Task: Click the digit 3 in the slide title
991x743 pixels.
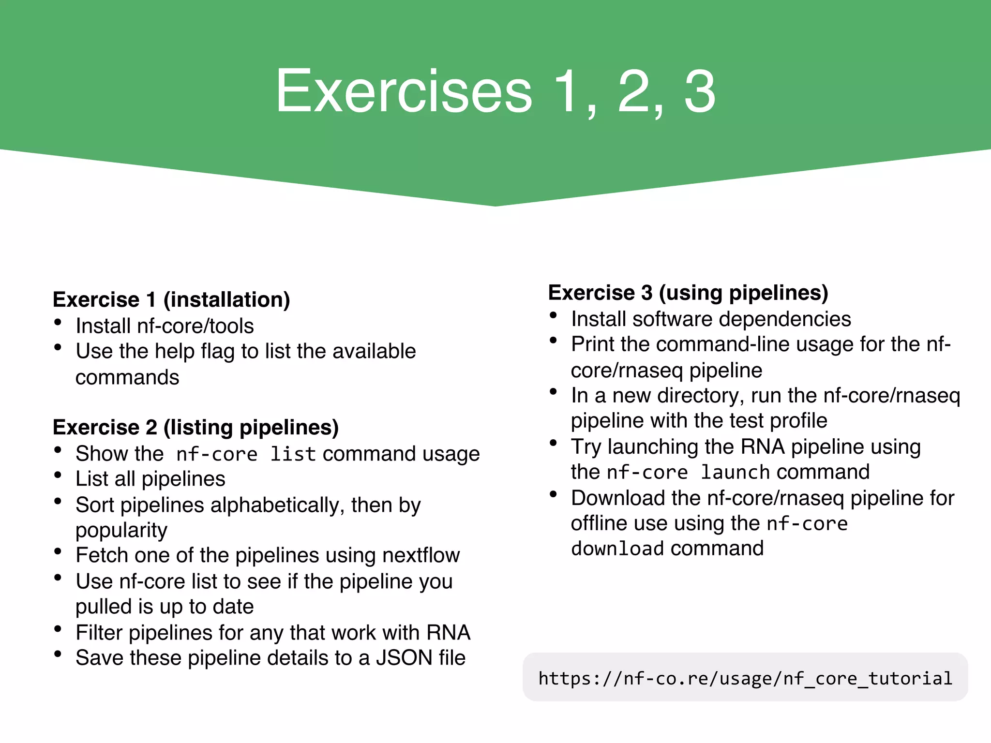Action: pyautogui.click(x=699, y=92)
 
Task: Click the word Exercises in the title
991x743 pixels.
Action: pyautogui.click(x=404, y=92)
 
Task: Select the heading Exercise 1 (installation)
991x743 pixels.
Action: pyautogui.click(x=171, y=299)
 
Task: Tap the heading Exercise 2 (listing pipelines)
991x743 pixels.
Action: pyautogui.click(x=195, y=427)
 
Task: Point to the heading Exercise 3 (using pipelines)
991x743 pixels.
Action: pyautogui.click(x=688, y=293)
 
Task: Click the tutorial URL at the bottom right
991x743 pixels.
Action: pyautogui.click(x=745, y=678)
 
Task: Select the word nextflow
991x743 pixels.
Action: pyautogui.click(x=420, y=555)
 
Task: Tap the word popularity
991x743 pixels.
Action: pyautogui.click(x=121, y=530)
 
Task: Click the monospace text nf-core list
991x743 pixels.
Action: pyautogui.click(x=246, y=454)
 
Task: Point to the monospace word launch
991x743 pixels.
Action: pyautogui.click(x=735, y=472)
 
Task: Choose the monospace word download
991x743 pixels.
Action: pyautogui.click(x=617, y=549)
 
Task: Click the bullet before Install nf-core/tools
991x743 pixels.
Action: pyautogui.click(x=58, y=322)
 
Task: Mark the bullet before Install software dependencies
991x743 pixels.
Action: pyautogui.click(x=554, y=315)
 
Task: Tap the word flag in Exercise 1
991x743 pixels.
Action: pyautogui.click(x=217, y=352)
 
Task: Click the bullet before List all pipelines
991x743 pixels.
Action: pyautogui.click(x=58, y=475)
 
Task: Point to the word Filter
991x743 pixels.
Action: pyautogui.click(x=100, y=633)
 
